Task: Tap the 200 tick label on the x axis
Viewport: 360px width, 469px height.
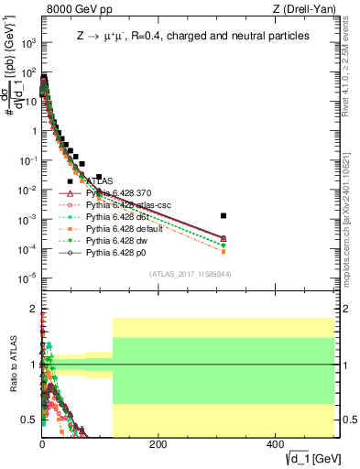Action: point(158,442)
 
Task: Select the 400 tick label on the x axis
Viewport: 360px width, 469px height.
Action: point(274,442)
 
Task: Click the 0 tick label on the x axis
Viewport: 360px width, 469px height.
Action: point(42,442)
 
